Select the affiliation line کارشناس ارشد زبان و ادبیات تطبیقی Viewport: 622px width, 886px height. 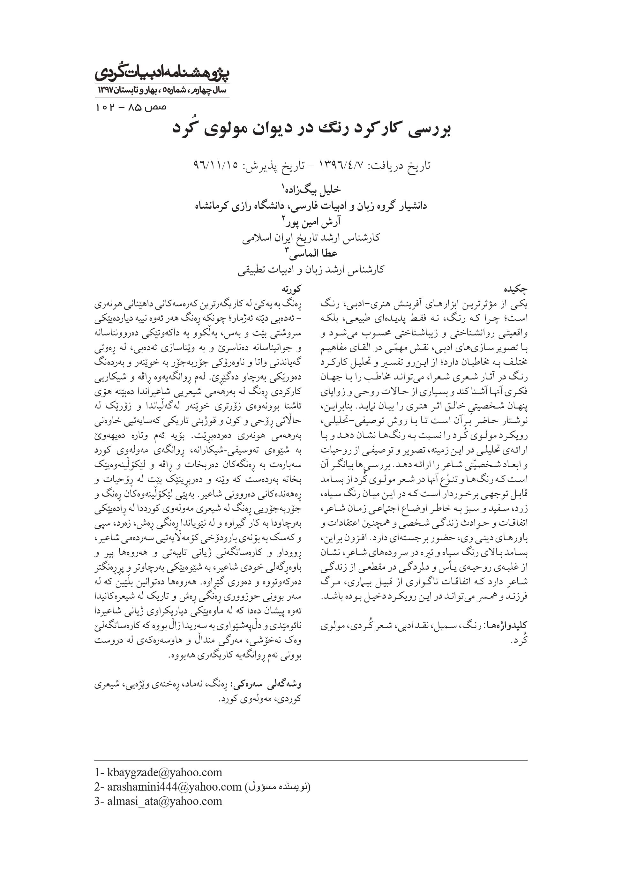click(311, 269)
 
